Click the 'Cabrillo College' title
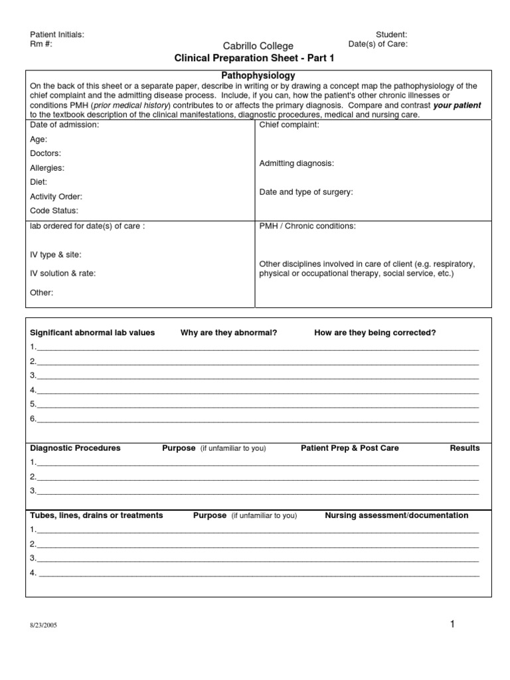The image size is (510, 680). coord(258,46)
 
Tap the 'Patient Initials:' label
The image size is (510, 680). coord(57,35)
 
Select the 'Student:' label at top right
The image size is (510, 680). coord(392,35)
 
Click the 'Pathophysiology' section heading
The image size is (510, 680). coord(258,76)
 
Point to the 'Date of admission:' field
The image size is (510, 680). coord(64,125)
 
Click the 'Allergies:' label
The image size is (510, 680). coord(47,168)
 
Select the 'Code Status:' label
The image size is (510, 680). coord(54,211)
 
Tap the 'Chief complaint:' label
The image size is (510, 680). coord(289,125)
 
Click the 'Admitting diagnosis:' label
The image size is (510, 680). coord(296,163)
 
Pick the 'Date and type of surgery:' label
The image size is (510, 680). coord(305,192)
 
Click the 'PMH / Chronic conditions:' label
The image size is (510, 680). coord(307,226)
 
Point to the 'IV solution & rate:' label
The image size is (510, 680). coord(62,273)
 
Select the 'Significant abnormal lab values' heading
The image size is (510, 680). coord(92,333)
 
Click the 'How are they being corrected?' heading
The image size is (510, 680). coord(375,333)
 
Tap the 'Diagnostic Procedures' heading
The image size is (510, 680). coord(75,448)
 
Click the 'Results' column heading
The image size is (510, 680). coord(464,448)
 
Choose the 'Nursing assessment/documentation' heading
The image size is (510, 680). coord(396,515)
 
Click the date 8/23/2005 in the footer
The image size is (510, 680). coord(43,626)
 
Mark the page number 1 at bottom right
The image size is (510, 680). coord(452,624)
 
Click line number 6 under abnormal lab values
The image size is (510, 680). coord(33,419)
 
